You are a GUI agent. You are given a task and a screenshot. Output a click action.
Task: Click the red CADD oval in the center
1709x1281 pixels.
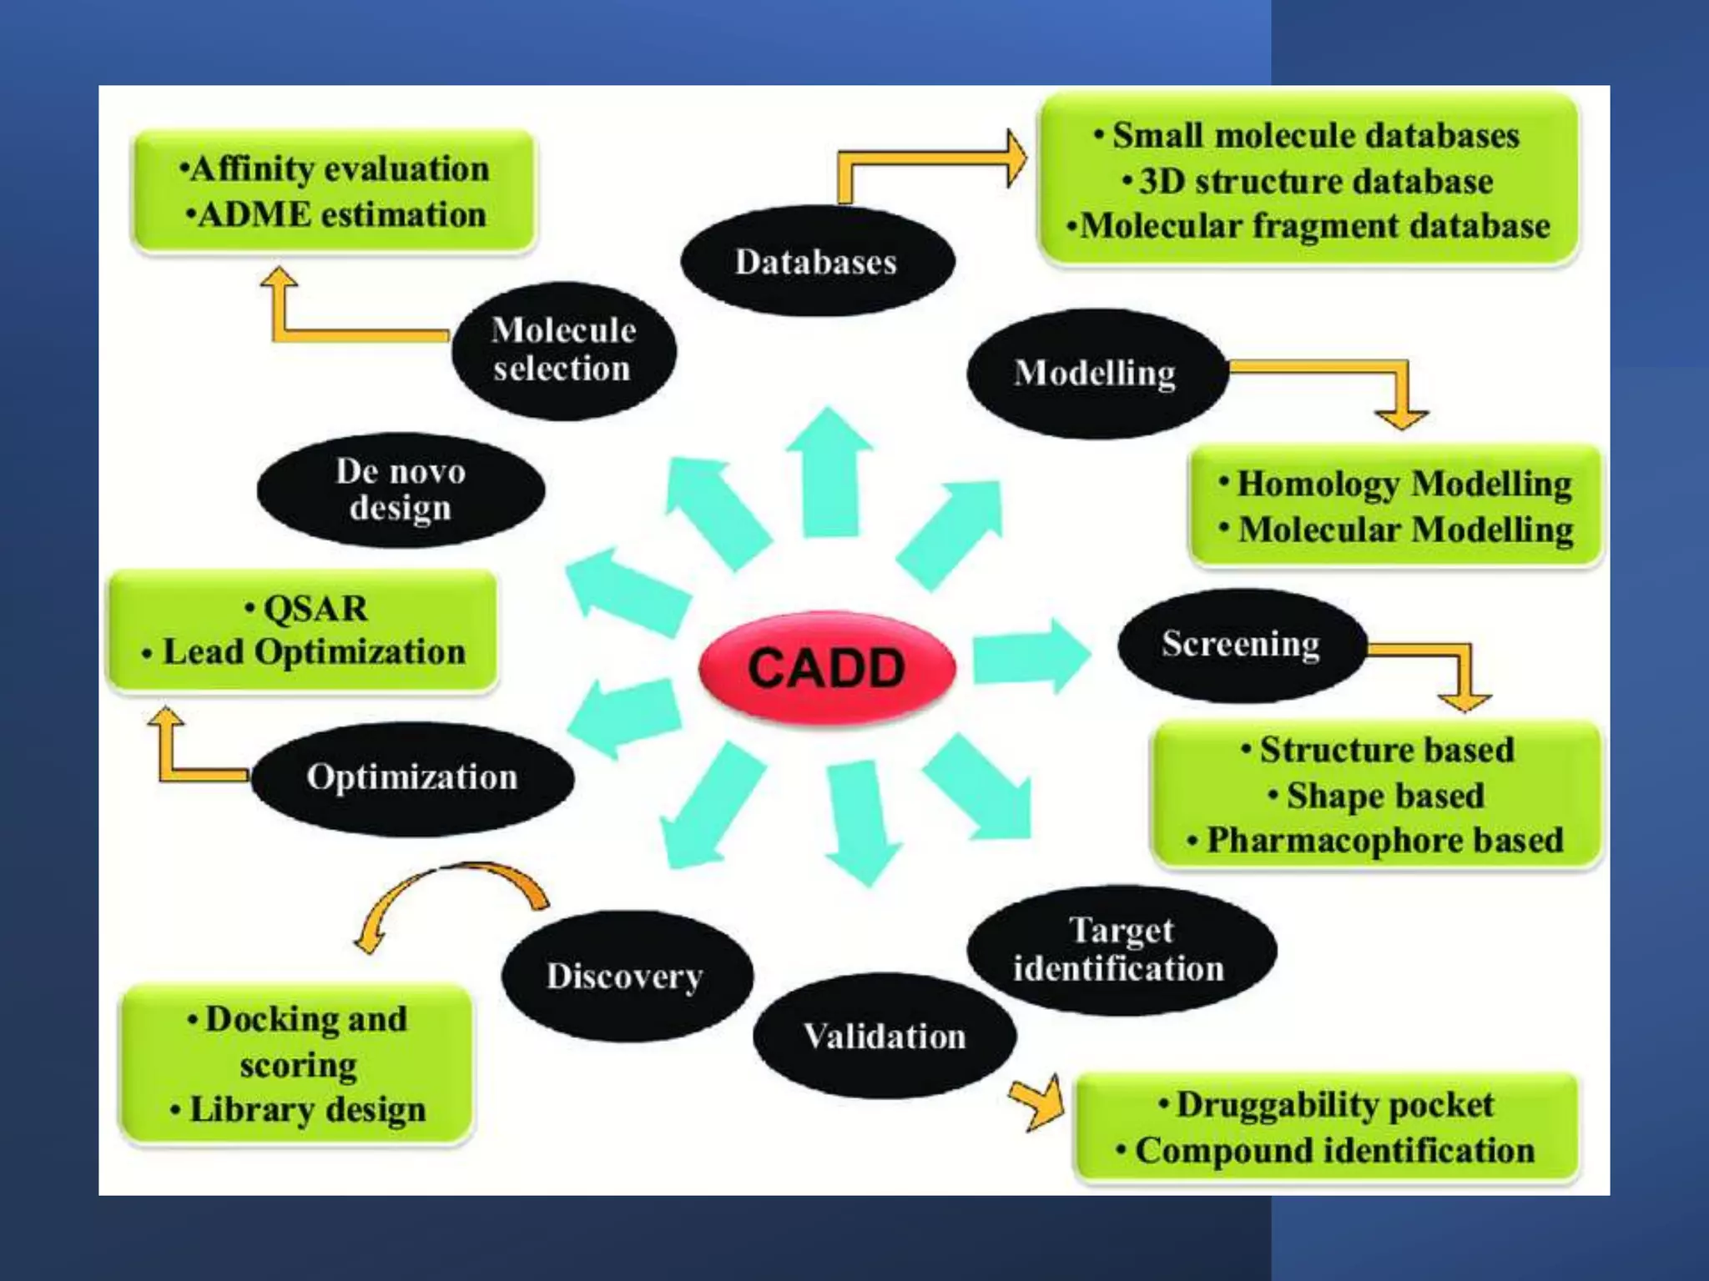tap(826, 668)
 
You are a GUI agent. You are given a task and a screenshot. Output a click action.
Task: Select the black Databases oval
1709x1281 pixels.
tap(816, 262)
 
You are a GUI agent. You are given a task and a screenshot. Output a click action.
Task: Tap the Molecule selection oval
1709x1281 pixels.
tap(563, 350)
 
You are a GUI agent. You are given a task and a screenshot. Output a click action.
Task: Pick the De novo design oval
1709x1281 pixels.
tap(401, 490)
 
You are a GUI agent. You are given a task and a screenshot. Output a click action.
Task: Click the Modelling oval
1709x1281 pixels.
tap(1096, 373)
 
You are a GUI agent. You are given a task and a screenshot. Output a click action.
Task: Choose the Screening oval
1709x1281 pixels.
tap(1241, 644)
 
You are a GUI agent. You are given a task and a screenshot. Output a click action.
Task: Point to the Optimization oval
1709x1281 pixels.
tap(412, 777)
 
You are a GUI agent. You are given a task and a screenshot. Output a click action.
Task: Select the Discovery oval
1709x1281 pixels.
tap(625, 976)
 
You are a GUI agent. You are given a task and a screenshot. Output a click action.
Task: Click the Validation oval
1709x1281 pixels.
tap(885, 1037)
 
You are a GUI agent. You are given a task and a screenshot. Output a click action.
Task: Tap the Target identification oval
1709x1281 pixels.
tap(1120, 950)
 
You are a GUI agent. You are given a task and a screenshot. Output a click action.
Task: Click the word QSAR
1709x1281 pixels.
tap(315, 608)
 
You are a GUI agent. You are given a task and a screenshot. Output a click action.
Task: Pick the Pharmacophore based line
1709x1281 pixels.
tap(1384, 841)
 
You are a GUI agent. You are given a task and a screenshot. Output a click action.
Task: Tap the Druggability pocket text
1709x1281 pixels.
tap(1333, 1105)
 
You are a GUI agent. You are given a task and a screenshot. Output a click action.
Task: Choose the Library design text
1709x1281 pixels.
tap(307, 1110)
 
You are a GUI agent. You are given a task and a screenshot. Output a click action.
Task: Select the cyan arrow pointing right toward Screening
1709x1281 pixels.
tap(1031, 656)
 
